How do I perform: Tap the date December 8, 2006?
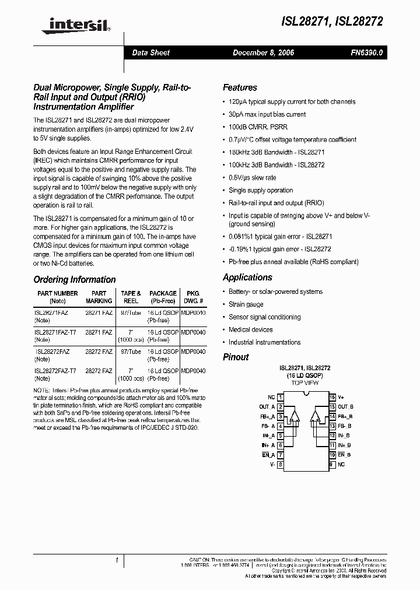point(263,52)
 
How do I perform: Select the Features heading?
point(240,87)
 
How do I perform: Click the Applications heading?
point(247,277)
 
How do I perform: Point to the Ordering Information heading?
point(75,279)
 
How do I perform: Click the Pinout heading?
point(236,357)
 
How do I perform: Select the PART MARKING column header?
point(99,297)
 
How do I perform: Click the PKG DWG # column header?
point(192,297)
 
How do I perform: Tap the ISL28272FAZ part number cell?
point(52,352)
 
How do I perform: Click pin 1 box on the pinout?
point(280,397)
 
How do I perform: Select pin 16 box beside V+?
point(332,397)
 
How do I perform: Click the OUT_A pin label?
point(264,407)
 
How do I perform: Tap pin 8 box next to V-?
point(280,464)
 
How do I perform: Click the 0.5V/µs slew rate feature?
point(252,177)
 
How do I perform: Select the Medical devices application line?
point(250,329)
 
